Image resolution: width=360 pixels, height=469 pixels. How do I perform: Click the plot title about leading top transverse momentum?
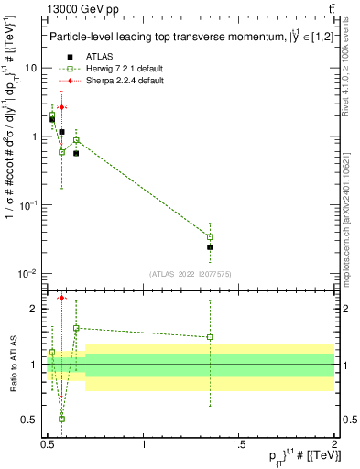180,37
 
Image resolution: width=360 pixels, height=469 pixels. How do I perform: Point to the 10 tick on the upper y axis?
32,68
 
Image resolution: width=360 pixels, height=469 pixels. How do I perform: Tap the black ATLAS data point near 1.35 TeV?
210,247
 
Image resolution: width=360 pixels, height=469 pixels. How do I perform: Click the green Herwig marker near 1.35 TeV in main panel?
210,236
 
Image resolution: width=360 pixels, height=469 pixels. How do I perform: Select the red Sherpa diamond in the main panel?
61,107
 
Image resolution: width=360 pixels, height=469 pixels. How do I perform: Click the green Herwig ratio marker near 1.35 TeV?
210,337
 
